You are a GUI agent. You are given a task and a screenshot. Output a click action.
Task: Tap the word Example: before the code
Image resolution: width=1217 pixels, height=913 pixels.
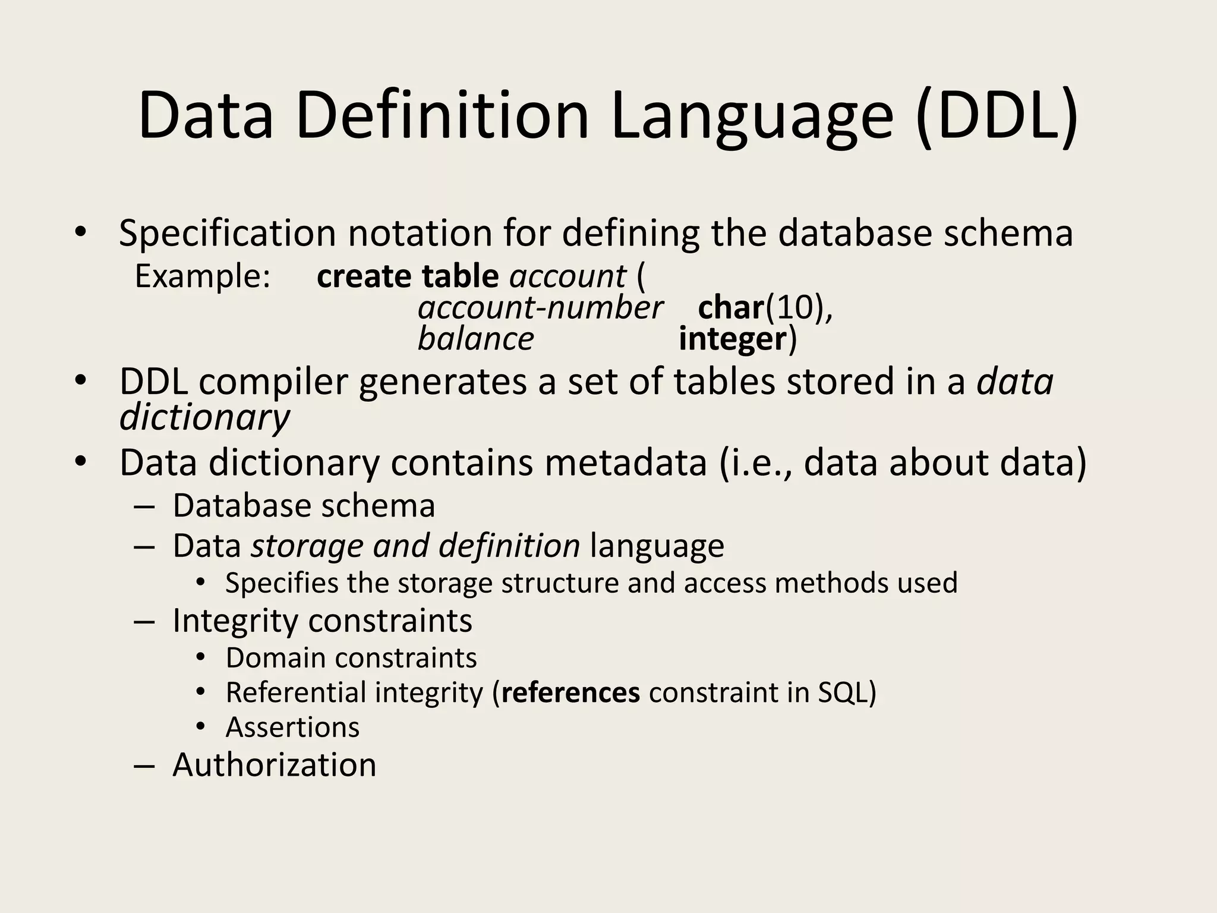[x=203, y=276]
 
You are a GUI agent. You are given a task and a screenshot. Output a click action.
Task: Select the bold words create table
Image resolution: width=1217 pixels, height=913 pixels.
[x=408, y=276]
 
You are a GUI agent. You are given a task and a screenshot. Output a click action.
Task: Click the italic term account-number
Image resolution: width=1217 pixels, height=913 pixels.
[x=540, y=308]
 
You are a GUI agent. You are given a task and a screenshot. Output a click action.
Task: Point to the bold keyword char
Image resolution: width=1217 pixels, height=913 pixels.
[x=730, y=308]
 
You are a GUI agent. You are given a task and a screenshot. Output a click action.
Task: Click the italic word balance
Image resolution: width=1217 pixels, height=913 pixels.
[x=475, y=339]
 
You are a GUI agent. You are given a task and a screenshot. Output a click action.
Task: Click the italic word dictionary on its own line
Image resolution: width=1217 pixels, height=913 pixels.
[x=204, y=417]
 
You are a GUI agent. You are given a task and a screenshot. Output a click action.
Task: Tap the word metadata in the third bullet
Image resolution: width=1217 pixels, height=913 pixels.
[x=625, y=462]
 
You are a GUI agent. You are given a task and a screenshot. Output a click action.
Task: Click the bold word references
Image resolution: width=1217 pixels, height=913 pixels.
[x=570, y=692]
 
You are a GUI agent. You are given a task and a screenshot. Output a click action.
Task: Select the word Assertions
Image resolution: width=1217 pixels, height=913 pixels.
[x=292, y=728]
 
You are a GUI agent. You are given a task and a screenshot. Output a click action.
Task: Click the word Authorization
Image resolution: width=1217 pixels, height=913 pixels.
[x=274, y=764]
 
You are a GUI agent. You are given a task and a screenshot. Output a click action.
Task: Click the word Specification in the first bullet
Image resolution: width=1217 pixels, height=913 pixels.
[x=228, y=234]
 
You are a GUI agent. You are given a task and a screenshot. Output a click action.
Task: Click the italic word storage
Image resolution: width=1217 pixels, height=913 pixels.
[x=306, y=546]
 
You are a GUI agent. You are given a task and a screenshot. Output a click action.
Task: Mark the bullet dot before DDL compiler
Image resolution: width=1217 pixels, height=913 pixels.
[x=80, y=380]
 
